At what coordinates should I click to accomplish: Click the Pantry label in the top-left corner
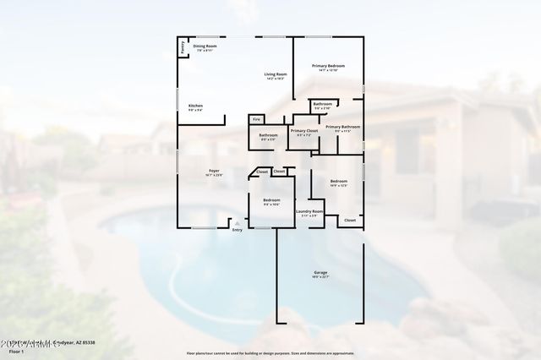pyautogui.click(x=183, y=47)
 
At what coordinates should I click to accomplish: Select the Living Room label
pyautogui.click(x=276, y=76)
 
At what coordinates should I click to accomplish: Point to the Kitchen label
pyautogui.click(x=194, y=107)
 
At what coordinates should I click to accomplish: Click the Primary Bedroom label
pyautogui.click(x=328, y=67)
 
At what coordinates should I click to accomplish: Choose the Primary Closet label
pyautogui.click(x=304, y=132)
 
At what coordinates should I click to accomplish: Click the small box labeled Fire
pyautogui.click(x=257, y=120)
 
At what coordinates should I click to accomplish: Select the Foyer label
pyautogui.click(x=214, y=172)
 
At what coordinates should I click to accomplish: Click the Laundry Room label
pyautogui.click(x=309, y=212)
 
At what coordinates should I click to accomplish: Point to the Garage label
pyautogui.click(x=321, y=273)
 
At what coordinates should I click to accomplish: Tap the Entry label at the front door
pyautogui.click(x=237, y=230)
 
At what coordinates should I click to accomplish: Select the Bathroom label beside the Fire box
pyautogui.click(x=269, y=135)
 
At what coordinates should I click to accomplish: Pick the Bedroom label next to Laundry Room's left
pyautogui.click(x=270, y=202)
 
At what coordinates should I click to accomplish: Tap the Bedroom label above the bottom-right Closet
pyautogui.click(x=338, y=182)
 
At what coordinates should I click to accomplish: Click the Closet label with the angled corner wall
pyautogui.click(x=262, y=172)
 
